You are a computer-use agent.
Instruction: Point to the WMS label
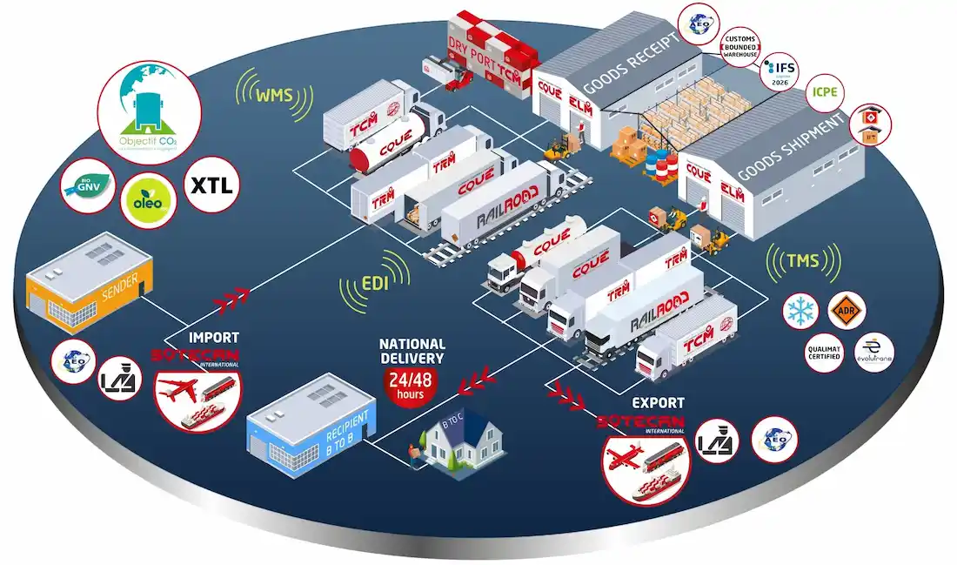273,95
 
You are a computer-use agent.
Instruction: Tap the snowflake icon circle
801,312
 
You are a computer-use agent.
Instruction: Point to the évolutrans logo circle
874,354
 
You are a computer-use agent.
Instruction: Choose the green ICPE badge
824,91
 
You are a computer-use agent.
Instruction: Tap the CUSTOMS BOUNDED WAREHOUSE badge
739,45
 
